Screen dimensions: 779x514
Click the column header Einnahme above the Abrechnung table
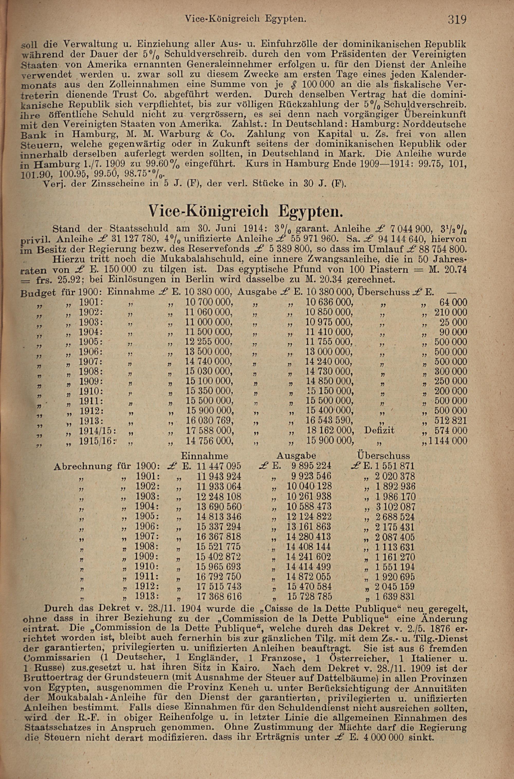click(x=205, y=456)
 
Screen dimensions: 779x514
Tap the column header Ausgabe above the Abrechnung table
click(x=296, y=456)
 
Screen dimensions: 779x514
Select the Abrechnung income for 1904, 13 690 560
click(x=219, y=506)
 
